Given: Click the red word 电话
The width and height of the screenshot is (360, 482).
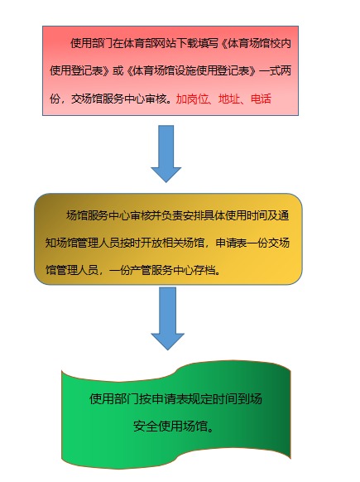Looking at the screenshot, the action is [x=261, y=99].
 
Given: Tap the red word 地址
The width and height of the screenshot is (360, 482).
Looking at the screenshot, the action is [x=229, y=99].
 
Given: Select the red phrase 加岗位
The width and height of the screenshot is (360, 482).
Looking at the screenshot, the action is [x=192, y=99].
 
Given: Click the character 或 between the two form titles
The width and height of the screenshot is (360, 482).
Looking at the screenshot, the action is [x=118, y=71].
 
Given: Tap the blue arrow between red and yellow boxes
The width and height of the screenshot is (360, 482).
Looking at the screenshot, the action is [x=166, y=154].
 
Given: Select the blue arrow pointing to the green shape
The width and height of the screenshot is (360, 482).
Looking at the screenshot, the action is [x=167, y=319].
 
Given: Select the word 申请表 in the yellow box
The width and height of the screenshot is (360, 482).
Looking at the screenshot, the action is [x=231, y=243].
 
